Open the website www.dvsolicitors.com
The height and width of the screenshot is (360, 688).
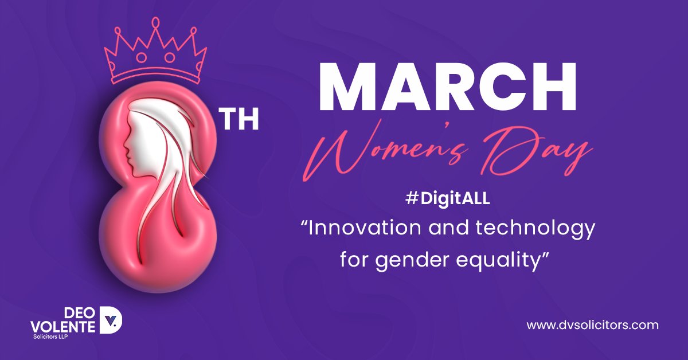[x=592, y=325]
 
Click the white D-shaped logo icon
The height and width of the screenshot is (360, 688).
[x=111, y=319]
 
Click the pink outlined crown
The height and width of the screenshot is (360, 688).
[x=155, y=54]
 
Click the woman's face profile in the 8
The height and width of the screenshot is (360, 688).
[x=133, y=138]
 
